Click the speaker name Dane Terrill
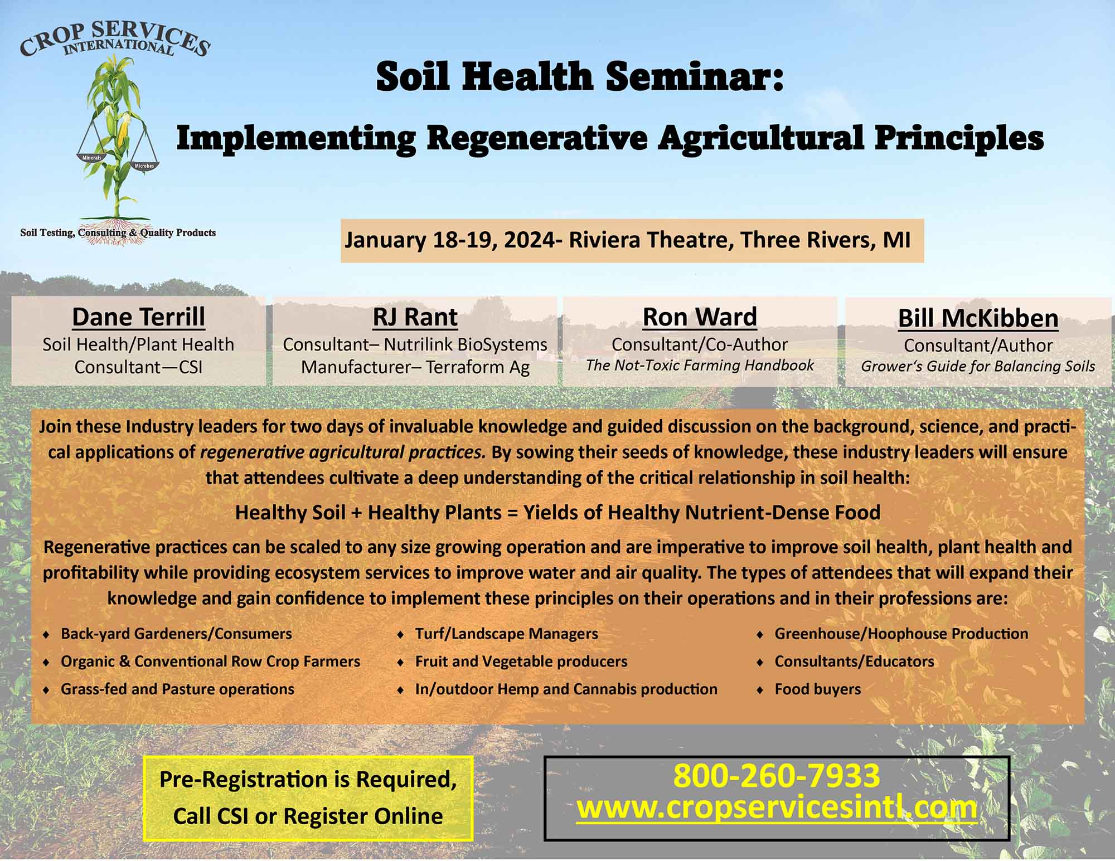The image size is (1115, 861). pos(138,317)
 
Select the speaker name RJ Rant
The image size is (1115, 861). pos(415,317)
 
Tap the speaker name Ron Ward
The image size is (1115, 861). pos(700,317)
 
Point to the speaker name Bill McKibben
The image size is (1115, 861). pos(978,318)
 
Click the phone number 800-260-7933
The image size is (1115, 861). pos(777,775)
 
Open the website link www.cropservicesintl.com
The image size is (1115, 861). pos(777,808)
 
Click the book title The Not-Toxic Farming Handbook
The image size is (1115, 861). pos(700,366)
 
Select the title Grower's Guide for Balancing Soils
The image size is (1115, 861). pos(978,366)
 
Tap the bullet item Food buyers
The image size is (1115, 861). pos(818,689)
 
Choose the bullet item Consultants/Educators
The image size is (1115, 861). pos(854,661)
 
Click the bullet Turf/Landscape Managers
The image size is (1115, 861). pos(506,634)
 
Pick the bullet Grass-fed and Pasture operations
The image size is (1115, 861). pos(177,689)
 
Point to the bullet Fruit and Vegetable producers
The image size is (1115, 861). pos(521,661)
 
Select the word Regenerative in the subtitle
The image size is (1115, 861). pos(537,138)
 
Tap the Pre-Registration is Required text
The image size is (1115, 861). pos(308,779)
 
